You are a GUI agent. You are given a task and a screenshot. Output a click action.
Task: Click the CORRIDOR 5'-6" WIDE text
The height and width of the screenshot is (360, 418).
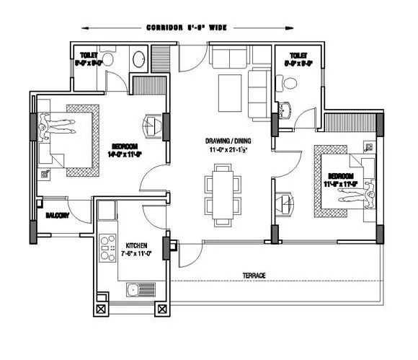(x=187, y=27)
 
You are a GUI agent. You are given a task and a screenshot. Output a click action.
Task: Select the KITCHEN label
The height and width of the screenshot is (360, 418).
(x=137, y=244)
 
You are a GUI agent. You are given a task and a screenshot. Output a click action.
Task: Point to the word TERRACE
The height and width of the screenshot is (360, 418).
(x=254, y=276)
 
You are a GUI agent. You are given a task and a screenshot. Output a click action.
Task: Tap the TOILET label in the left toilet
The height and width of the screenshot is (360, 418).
(x=89, y=55)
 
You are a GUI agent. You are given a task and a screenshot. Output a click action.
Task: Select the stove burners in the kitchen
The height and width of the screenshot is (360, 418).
(x=109, y=247)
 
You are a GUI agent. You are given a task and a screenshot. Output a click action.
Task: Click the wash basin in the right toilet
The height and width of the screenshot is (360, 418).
(x=283, y=110)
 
